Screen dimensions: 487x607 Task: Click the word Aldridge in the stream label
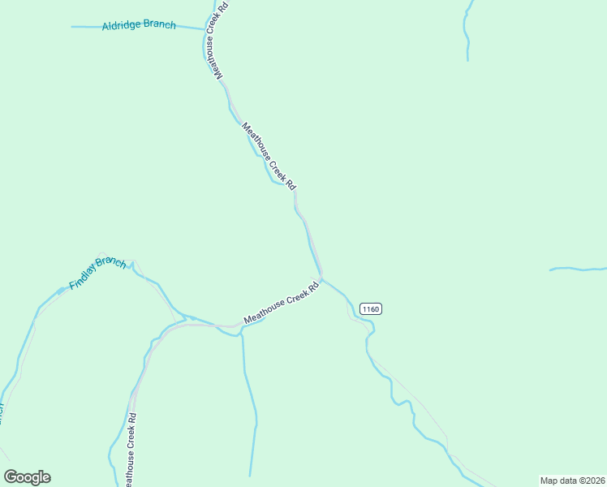[121, 26]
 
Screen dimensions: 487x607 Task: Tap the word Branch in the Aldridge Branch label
[159, 25]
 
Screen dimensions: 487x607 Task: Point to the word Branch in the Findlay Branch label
[111, 264]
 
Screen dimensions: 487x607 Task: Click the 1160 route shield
[370, 308]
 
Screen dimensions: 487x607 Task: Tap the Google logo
[27, 477]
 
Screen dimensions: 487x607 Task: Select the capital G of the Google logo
[11, 477]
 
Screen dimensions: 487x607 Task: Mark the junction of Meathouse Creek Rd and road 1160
[323, 280]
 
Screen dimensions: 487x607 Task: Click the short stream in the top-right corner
[466, 32]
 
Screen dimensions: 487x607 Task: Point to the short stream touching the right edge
[578, 268]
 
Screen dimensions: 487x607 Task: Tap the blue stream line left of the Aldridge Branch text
[85, 27]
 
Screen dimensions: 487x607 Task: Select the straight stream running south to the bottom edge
[251, 406]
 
